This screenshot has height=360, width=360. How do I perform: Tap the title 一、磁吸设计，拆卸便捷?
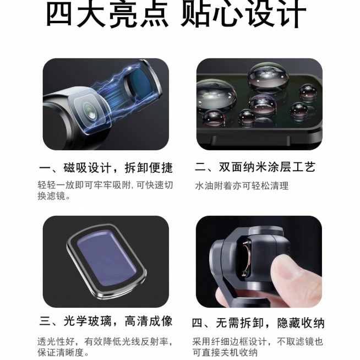(x=106, y=167)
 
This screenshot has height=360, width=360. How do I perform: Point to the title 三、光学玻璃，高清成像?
(x=106, y=321)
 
